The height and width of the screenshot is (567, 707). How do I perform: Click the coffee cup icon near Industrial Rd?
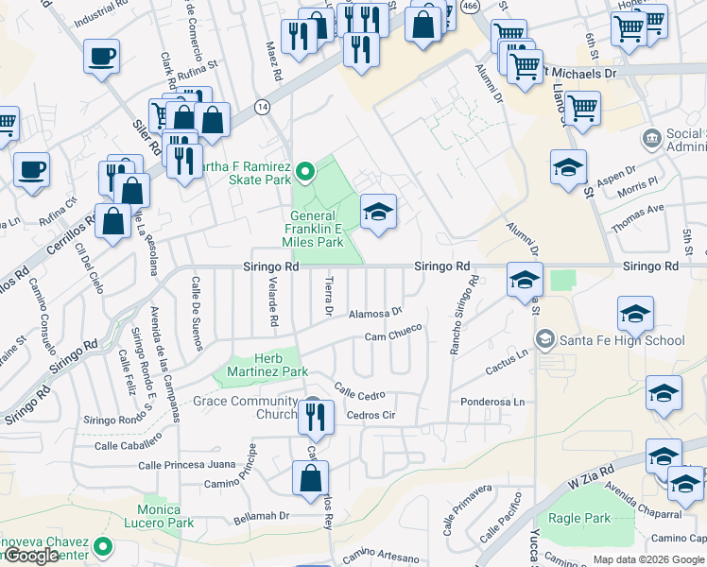point(101,56)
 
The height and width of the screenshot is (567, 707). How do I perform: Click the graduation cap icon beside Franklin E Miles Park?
point(378,212)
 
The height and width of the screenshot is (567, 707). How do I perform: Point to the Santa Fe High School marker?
point(543,339)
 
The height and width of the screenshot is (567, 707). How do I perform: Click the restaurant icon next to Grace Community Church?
point(316,415)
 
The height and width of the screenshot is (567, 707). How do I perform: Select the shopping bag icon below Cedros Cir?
point(311,479)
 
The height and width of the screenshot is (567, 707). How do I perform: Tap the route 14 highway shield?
point(262,108)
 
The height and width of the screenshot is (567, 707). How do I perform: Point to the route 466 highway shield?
point(469,6)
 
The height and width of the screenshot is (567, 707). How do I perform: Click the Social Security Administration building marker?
point(651,140)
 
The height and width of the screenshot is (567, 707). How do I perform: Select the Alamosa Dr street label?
point(376,311)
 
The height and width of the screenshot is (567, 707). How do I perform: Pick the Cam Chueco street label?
point(392,336)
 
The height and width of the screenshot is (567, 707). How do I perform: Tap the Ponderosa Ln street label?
point(492,402)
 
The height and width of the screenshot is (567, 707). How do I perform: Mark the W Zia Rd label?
point(591,477)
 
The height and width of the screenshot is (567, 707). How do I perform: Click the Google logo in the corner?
point(33,556)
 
